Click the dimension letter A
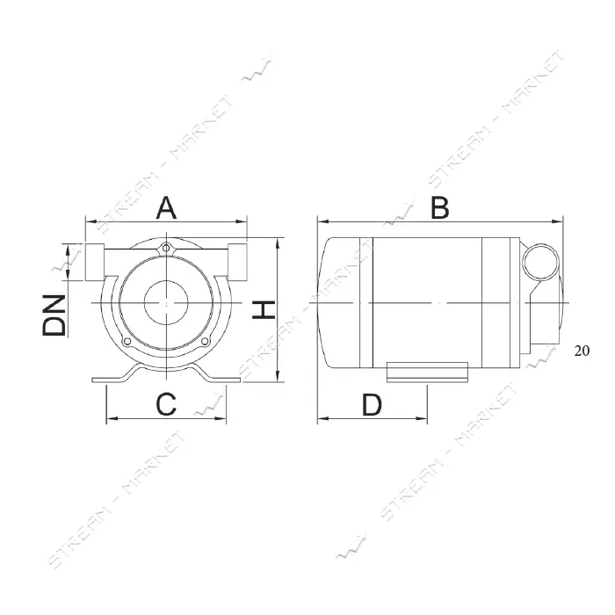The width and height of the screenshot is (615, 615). [x=166, y=208]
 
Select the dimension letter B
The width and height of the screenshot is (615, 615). [x=439, y=208]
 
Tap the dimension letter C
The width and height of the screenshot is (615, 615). [x=166, y=404]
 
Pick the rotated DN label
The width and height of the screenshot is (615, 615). [x=54, y=315]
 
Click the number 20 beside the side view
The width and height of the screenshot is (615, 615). [x=582, y=351]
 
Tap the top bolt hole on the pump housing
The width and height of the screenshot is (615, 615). [x=166, y=249]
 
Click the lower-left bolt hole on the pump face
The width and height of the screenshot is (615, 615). [x=127, y=342]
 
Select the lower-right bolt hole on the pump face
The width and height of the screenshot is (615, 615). [x=205, y=342]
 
